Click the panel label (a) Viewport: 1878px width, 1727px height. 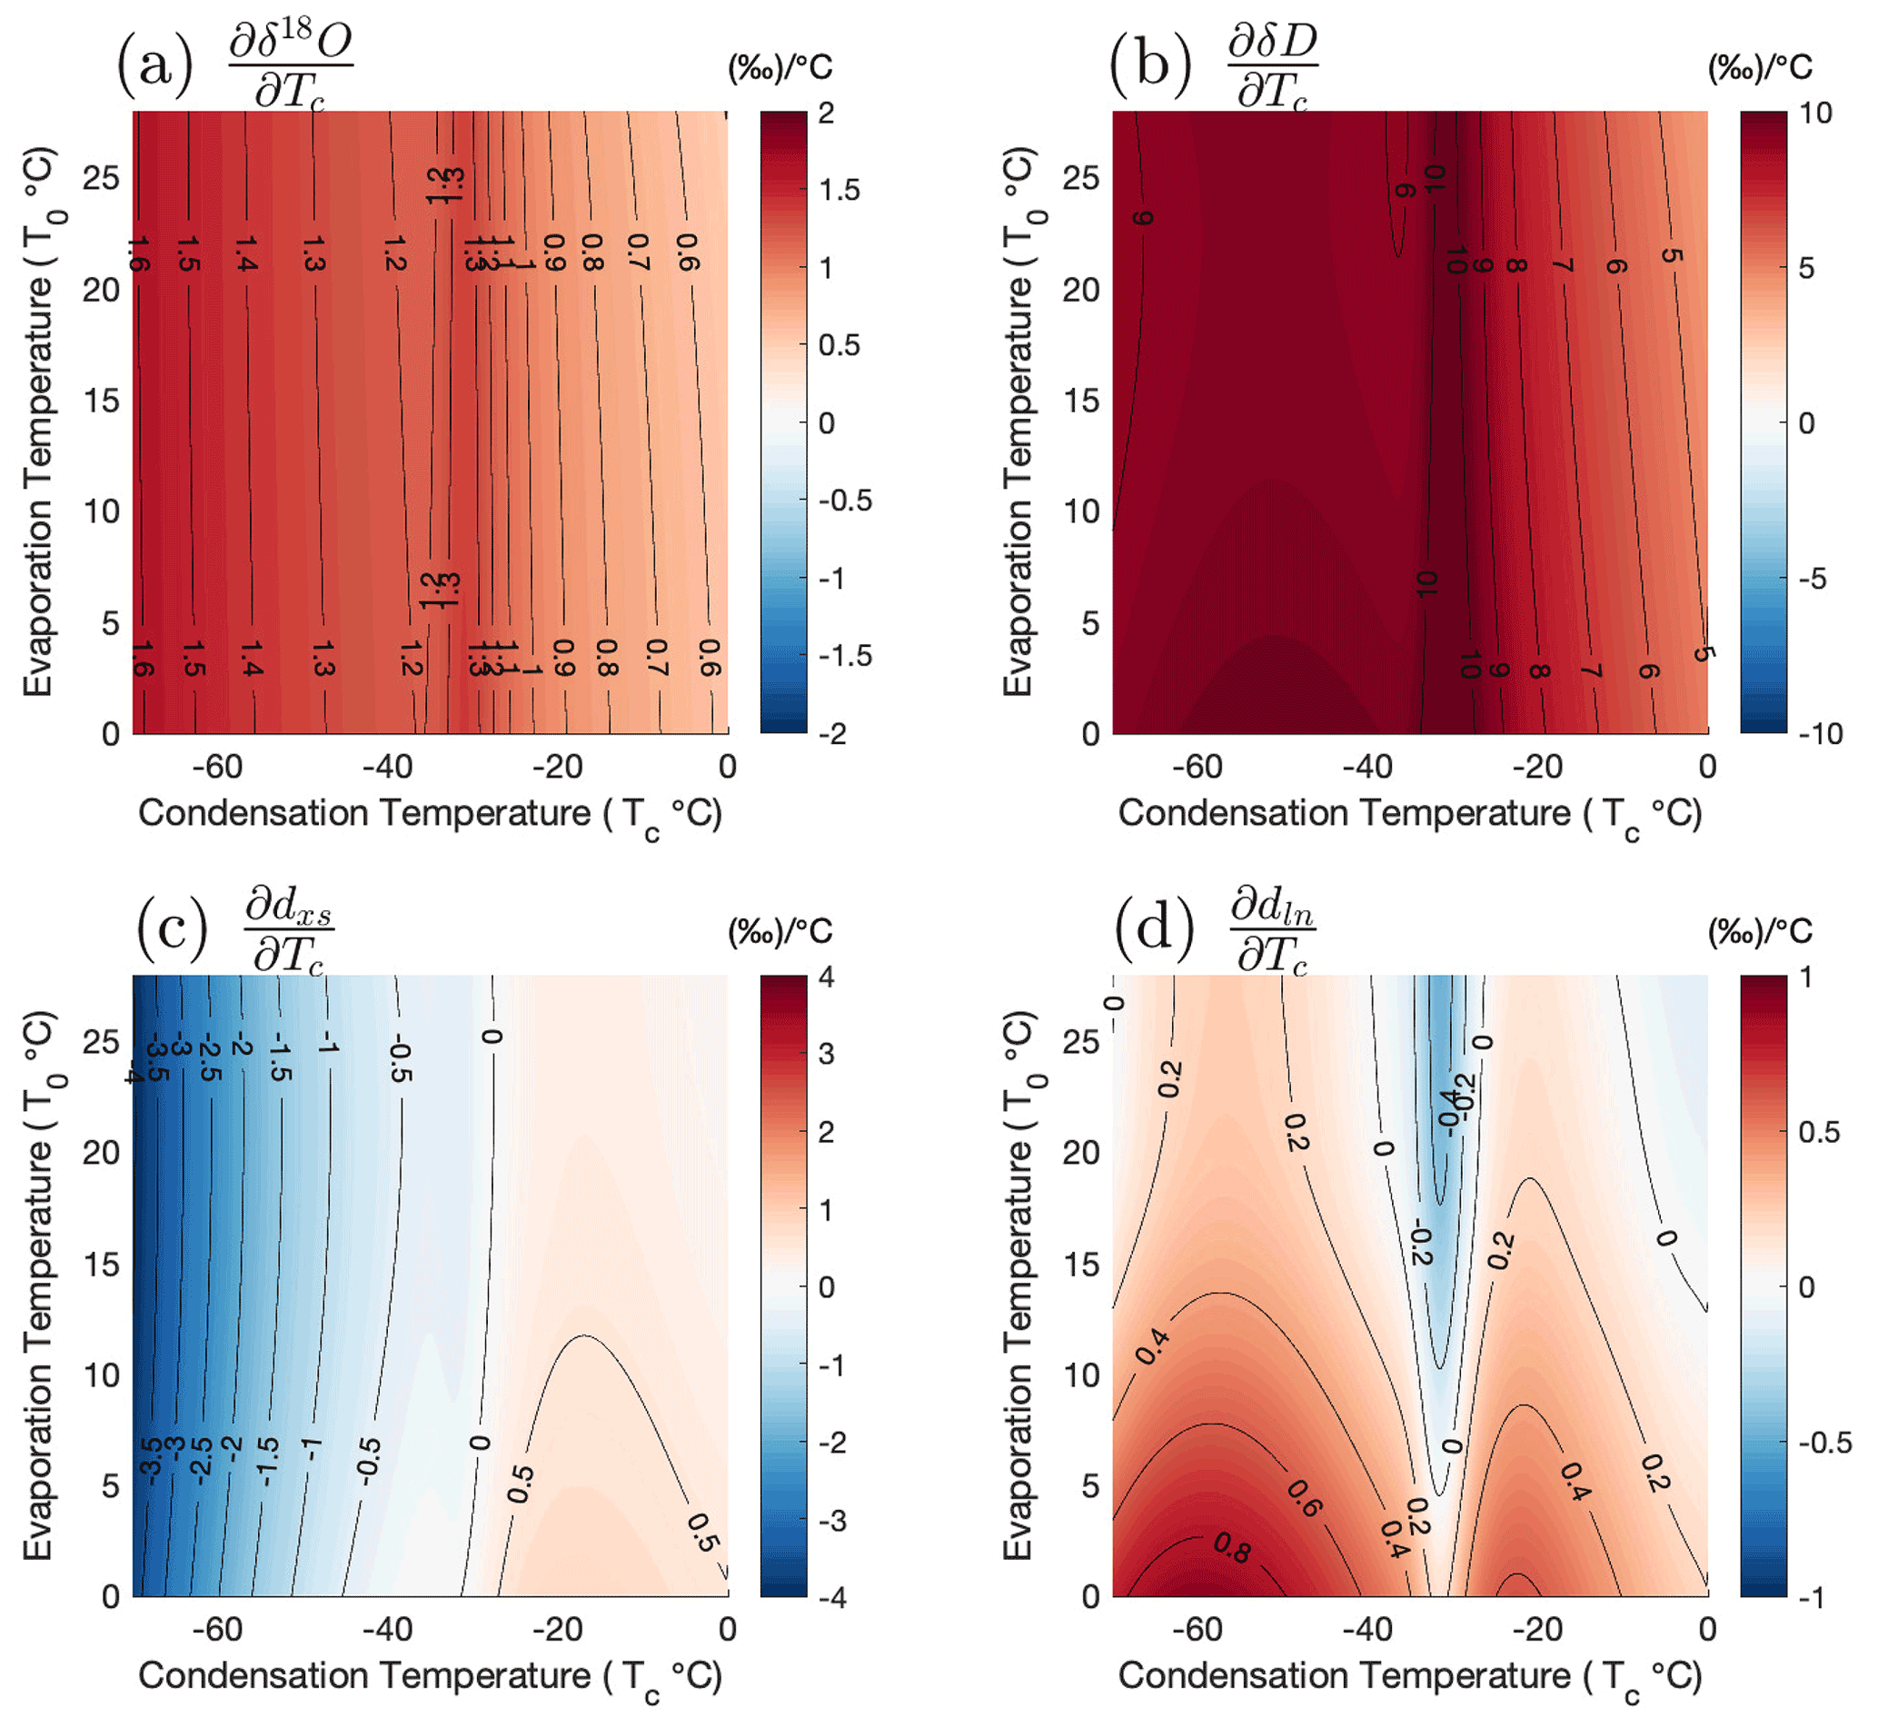click(x=155, y=65)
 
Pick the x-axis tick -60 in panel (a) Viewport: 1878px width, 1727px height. click(x=218, y=768)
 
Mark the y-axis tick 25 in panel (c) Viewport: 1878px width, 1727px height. click(x=101, y=1041)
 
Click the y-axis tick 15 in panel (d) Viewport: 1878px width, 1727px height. click(x=1080, y=1265)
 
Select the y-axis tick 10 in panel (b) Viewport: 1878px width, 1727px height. click(x=1080, y=511)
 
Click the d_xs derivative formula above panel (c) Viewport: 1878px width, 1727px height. click(x=289, y=931)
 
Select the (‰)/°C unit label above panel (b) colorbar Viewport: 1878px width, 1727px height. click(x=1759, y=67)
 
